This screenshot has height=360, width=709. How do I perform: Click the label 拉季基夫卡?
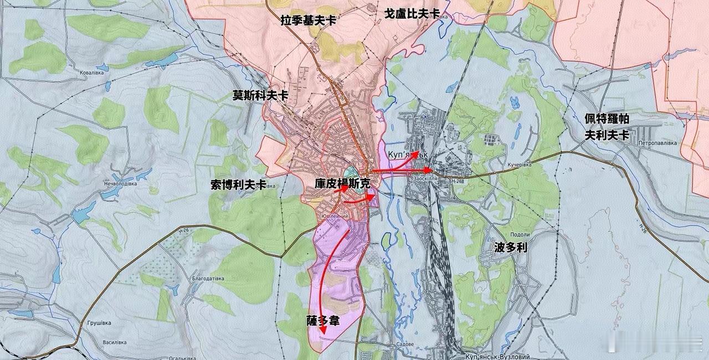pos(309,20)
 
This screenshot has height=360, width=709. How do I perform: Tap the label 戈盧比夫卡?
pos(412,13)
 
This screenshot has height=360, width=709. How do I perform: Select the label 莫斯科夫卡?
pos(260,95)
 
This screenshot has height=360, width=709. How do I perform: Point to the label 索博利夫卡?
pos(238,185)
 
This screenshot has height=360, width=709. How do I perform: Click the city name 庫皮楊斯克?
pos(342,183)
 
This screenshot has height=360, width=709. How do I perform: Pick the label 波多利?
pos(510,247)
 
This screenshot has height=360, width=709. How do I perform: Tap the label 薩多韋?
pos(323,321)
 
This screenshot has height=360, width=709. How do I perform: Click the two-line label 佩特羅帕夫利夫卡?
pos(607,127)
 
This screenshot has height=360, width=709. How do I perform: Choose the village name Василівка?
pos(115,342)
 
